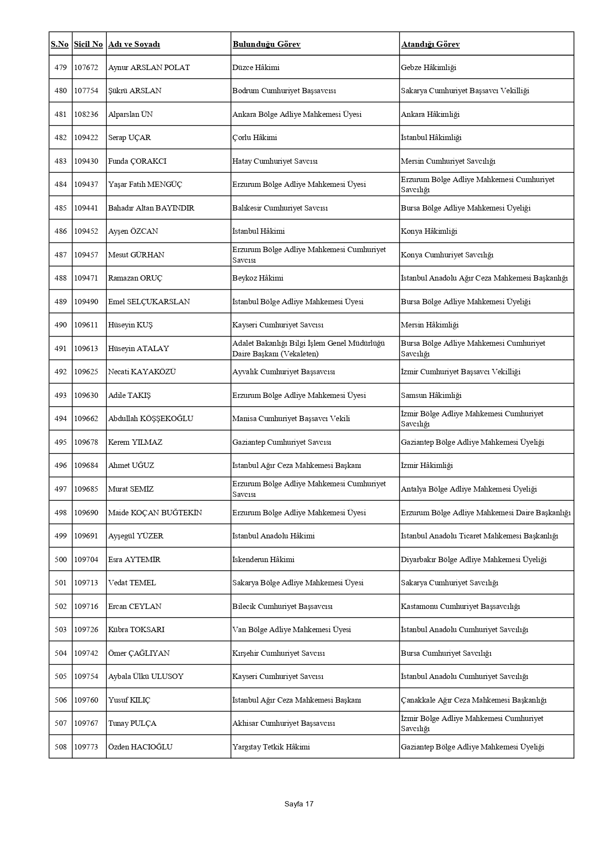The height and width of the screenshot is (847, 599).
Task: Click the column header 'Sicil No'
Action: pos(88,44)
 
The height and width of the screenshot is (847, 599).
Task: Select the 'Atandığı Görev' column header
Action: pos(430,44)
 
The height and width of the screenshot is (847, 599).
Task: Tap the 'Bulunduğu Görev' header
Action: pos(267,44)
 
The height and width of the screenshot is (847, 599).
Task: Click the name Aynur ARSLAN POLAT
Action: pos(149,68)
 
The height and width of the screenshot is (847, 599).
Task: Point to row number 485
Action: pos(60,208)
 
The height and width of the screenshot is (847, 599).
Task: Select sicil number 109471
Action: pos(86,278)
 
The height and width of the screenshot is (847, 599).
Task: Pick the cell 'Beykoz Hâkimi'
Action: pos(258,278)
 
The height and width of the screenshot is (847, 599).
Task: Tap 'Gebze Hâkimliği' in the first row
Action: pos(428,68)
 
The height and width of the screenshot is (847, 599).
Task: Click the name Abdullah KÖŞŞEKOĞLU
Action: pos(151,419)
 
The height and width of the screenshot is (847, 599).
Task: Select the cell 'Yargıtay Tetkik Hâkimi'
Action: pos(271,747)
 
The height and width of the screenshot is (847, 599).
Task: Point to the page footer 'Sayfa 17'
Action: pos(299,804)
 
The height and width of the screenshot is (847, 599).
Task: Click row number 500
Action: pos(60,560)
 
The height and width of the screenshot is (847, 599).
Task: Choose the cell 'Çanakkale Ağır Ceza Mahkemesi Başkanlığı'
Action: pos(473,700)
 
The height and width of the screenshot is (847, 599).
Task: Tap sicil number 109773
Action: pos(86,747)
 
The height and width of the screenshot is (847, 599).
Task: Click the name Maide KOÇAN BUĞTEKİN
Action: pos(155,513)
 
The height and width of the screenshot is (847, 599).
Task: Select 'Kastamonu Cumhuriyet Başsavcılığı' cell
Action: pos(460,607)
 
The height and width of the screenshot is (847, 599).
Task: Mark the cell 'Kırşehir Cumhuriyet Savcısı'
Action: pos(279,653)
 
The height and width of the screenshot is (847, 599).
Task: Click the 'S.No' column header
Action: pos(60,44)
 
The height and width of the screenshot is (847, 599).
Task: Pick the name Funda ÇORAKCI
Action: pos(137,161)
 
